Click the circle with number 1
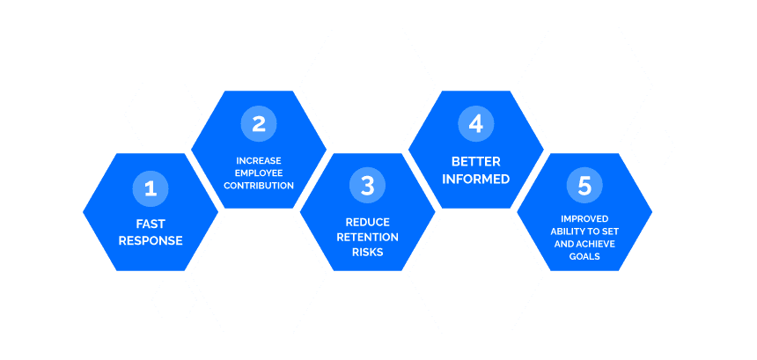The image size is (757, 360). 151,187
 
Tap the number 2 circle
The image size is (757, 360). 259,124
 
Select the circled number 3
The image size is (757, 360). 367,186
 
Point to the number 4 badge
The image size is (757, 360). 476,124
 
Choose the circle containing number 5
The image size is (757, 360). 584,186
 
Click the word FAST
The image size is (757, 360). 151,224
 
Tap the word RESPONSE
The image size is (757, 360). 151,240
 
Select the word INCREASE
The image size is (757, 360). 259,160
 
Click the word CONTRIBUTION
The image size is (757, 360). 259,186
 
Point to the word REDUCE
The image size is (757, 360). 367,222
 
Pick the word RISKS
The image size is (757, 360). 367,252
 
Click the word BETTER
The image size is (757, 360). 476,162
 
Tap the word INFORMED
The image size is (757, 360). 476,179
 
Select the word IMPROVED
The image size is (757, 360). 584,218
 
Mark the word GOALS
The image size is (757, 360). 584,256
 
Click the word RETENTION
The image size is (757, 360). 367,237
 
